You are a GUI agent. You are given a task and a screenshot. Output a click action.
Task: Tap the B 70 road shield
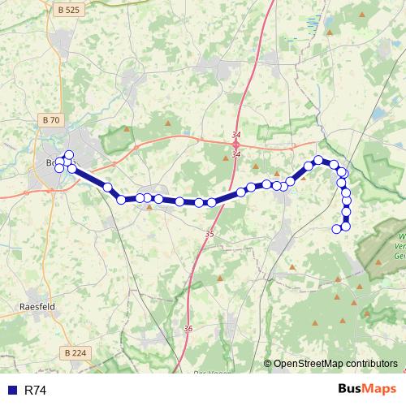click(x=50, y=120)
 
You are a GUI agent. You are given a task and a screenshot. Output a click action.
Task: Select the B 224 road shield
click(x=74, y=352)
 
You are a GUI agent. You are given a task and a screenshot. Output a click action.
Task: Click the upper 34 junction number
click(x=235, y=134)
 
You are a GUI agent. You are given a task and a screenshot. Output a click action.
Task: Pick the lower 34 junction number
click(x=235, y=154)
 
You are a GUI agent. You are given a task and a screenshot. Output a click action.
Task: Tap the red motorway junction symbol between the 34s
click(x=235, y=144)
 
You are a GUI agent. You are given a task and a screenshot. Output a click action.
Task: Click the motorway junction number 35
click(x=209, y=234)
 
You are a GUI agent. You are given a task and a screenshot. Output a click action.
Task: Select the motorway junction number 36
click(x=188, y=328)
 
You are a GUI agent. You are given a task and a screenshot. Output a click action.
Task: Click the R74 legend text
click(x=36, y=391)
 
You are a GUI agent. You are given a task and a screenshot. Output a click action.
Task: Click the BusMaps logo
click(x=366, y=390)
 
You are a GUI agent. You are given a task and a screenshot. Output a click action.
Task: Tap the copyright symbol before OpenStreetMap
click(x=267, y=364)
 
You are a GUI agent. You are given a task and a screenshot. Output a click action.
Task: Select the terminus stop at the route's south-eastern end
click(x=337, y=229)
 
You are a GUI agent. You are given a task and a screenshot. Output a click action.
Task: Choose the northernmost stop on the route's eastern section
click(x=319, y=160)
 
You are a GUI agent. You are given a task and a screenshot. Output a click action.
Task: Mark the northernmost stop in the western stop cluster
click(x=69, y=155)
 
